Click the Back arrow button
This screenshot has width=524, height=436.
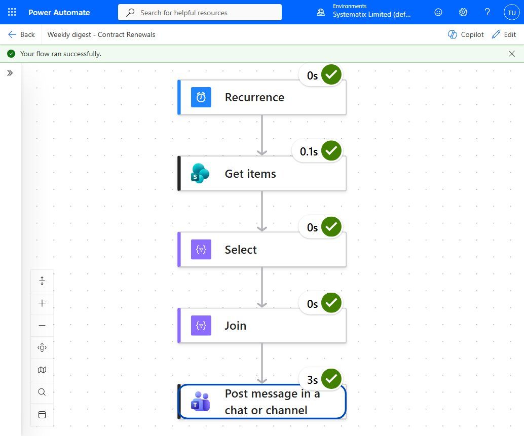pyautogui.click(x=21, y=34)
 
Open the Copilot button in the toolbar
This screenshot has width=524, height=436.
pyautogui.click(x=466, y=34)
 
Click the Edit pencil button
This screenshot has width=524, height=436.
pyautogui.click(x=504, y=34)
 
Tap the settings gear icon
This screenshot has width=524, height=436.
pyautogui.click(x=463, y=12)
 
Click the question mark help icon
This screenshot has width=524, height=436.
pyautogui.click(x=487, y=12)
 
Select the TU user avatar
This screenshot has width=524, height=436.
pyautogui.click(x=512, y=13)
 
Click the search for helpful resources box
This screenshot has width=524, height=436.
pyautogui.click(x=200, y=12)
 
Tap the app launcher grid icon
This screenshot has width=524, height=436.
pyautogui.click(x=12, y=12)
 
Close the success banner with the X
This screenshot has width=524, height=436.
pyautogui.click(x=512, y=54)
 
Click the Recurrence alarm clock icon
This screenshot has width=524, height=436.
pyautogui.click(x=201, y=97)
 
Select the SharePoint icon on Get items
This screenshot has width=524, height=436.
pyautogui.click(x=200, y=173)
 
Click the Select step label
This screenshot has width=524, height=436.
pyautogui.click(x=241, y=250)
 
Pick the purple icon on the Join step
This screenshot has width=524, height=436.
pyautogui.click(x=201, y=326)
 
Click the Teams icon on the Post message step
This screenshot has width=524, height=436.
pyautogui.click(x=200, y=401)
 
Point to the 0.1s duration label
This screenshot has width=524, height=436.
pyautogui.click(x=309, y=151)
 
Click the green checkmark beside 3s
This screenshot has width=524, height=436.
pyautogui.click(x=331, y=379)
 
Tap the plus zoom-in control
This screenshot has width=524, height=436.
pyautogui.click(x=42, y=303)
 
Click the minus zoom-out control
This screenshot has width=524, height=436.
pyautogui.click(x=42, y=325)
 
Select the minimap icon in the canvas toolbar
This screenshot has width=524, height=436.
pyautogui.click(x=42, y=370)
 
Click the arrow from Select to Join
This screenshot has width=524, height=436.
pyautogui.click(x=262, y=287)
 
